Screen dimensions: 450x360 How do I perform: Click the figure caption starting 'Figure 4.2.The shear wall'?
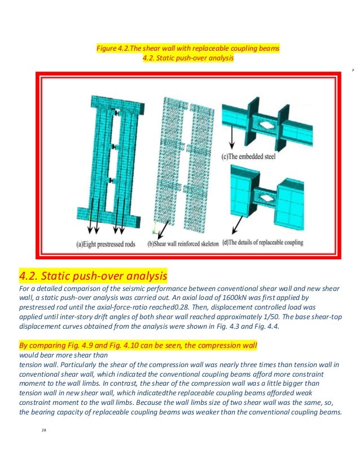pos(188,48)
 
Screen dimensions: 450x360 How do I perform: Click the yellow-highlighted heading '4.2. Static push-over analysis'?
pos(93,276)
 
